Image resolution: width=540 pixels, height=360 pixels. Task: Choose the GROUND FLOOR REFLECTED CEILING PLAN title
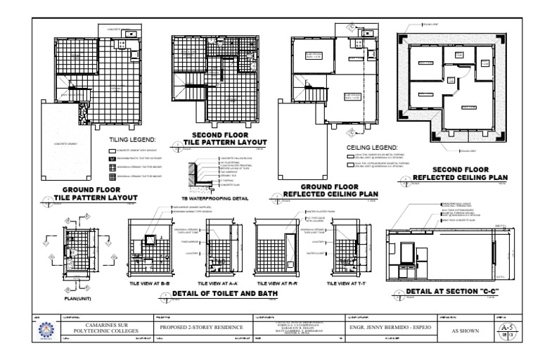(330, 191)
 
